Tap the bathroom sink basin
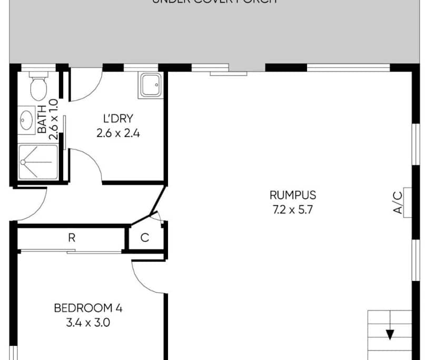click(27, 120)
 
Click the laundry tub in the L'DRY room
click(152, 85)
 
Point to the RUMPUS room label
click(293, 196)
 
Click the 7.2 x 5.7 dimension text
click(293, 209)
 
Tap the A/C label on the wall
click(398, 203)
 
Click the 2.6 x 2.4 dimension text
click(118, 133)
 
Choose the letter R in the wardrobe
click(72, 238)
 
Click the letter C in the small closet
click(145, 238)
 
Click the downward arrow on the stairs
click(390, 334)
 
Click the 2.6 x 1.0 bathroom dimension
click(53, 119)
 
